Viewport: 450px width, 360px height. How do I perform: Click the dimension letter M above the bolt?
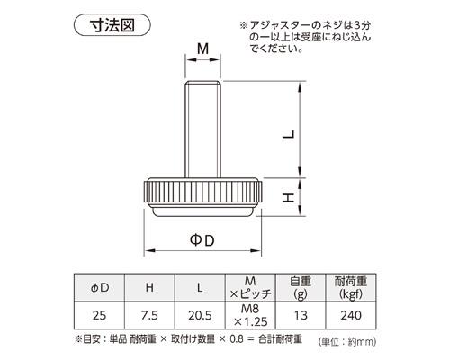click(x=202, y=48)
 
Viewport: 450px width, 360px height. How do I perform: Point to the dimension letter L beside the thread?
click(x=287, y=134)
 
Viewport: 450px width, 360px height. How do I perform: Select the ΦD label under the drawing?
click(x=202, y=240)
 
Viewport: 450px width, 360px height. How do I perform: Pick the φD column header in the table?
click(x=102, y=287)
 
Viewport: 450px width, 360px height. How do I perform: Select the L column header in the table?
click(x=200, y=287)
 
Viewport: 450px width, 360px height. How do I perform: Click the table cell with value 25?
click(x=102, y=318)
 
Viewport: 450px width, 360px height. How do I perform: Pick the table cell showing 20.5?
click(x=200, y=318)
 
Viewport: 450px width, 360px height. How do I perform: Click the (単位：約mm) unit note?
click(x=347, y=343)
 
